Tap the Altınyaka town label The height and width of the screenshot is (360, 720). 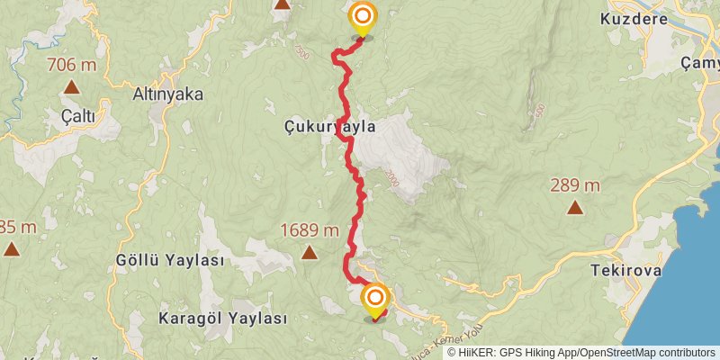pos(167,94)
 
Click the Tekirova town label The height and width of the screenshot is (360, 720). pos(626,269)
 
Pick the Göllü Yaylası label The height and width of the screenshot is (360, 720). pos(169,260)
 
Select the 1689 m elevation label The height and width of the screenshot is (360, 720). pos(309,230)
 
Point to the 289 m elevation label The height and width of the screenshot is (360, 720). pos(574,186)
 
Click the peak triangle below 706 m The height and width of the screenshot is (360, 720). pos(71,87)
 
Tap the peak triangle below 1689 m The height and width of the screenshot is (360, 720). pos(309,253)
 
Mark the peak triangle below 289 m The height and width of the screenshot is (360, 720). pos(574,209)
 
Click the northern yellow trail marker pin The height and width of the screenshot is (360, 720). pos(363,19)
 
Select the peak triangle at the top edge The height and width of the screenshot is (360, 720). pos(283,4)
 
